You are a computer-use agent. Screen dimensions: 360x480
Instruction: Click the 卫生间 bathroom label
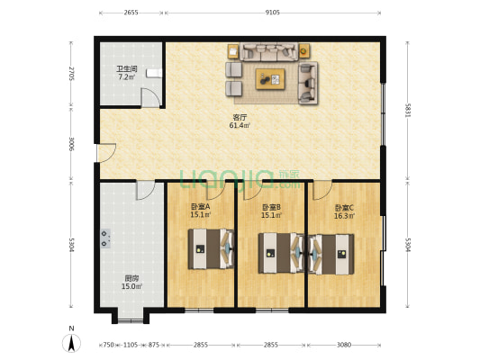point(125,68)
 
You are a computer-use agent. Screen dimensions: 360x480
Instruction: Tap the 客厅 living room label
point(240,117)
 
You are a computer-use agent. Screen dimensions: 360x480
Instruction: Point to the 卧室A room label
point(200,206)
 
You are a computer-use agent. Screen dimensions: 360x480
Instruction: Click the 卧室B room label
point(271,206)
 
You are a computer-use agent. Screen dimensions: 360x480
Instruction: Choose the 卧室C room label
point(344,206)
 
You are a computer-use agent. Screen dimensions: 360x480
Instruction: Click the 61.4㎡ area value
point(240,126)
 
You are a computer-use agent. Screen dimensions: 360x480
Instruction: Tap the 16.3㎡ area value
point(344,215)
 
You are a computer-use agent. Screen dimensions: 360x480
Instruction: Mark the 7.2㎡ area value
point(125,77)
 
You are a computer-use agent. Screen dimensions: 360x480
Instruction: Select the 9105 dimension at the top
point(273,13)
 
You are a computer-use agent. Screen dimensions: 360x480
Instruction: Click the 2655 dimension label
point(131,13)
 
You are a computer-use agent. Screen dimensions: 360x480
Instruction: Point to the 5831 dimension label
point(407,108)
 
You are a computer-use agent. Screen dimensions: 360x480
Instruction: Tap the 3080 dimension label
point(343,345)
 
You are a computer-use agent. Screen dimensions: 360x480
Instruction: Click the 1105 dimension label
point(131,345)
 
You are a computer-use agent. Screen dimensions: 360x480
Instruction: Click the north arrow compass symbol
point(69,341)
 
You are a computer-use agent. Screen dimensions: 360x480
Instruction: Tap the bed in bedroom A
point(209,249)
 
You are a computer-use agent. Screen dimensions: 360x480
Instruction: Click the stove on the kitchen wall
point(106,238)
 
